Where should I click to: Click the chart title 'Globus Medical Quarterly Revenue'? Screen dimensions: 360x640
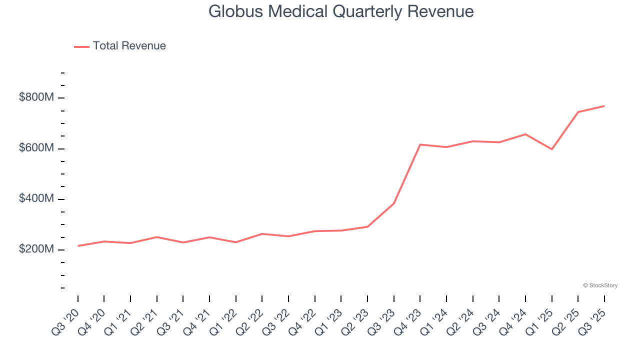341,11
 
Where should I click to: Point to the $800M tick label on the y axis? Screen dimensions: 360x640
36,97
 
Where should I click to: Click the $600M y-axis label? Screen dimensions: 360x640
36,148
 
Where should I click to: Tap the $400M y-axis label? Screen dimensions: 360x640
36,199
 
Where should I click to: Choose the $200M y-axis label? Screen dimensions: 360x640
36,249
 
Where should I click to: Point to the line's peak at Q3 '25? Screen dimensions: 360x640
604,106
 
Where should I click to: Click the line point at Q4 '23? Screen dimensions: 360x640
420,144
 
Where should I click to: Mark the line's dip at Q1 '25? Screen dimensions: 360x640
551,149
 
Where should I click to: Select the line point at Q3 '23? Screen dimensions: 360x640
393,203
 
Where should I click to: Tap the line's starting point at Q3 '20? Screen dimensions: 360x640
78,246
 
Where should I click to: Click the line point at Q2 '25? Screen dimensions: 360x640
578,112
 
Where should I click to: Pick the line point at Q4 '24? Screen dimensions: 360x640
525,134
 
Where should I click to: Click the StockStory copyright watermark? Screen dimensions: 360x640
600,285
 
